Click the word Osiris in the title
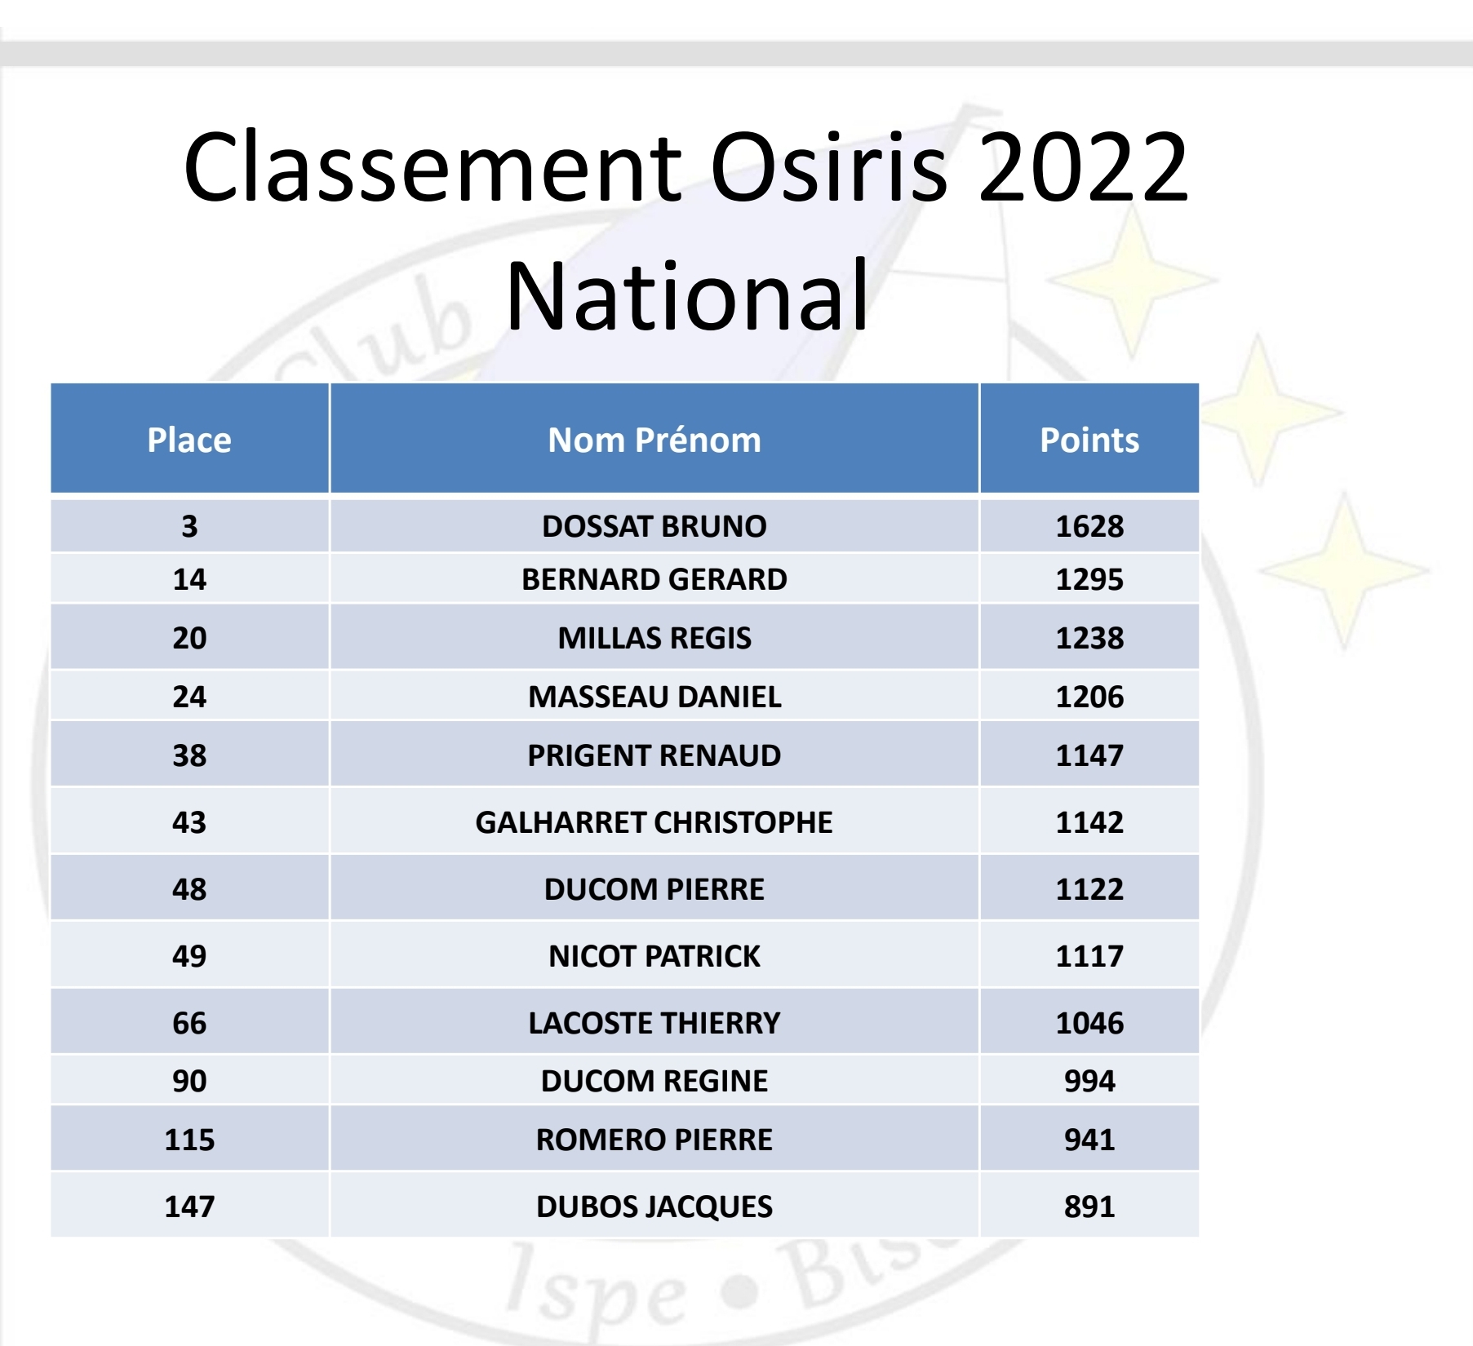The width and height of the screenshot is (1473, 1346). tap(829, 167)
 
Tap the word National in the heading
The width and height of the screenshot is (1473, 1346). tap(687, 294)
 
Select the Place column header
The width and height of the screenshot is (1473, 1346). tap(189, 441)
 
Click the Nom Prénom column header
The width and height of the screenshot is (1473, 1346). tap(654, 441)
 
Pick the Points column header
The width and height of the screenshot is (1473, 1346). tap(1089, 441)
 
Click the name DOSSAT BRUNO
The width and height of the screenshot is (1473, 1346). tap(654, 526)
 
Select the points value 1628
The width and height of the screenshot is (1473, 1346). tap(1089, 526)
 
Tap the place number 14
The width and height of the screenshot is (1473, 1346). tap(189, 579)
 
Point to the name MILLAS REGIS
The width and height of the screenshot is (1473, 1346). tap(654, 638)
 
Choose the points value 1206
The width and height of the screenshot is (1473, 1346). tap(1089, 697)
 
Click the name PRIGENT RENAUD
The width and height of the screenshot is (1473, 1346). tap(654, 755)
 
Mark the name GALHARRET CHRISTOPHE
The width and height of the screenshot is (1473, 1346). tap(654, 822)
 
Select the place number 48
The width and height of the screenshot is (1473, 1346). tap(189, 889)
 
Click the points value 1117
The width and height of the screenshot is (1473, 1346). tap(1089, 956)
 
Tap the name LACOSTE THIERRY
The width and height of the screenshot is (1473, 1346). tap(654, 1023)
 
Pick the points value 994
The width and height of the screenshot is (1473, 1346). tap(1089, 1081)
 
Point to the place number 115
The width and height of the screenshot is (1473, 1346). tap(189, 1140)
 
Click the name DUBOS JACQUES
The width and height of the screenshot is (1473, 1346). tap(654, 1207)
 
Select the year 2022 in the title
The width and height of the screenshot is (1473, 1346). tap(1083, 167)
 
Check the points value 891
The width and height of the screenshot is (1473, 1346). tap(1089, 1207)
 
